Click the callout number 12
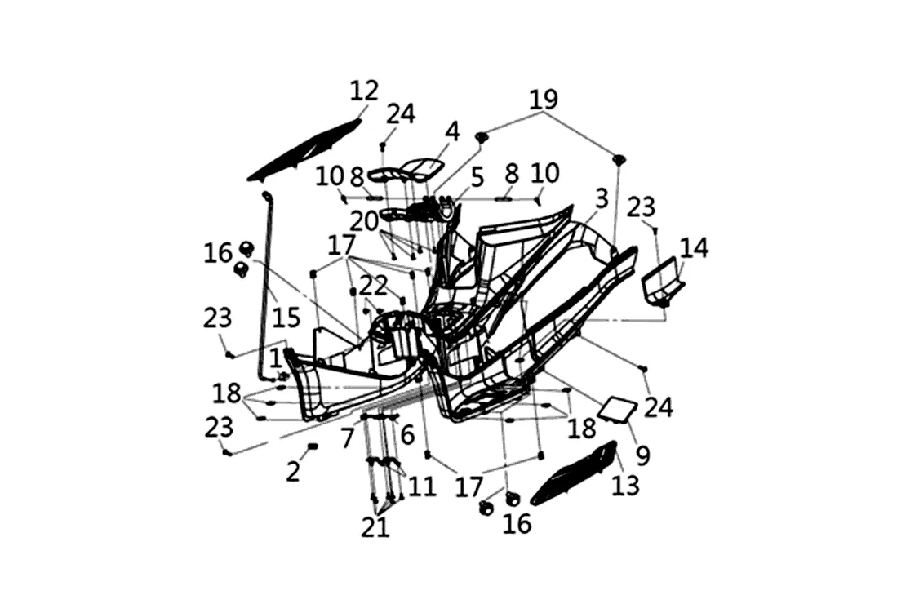pyautogui.click(x=363, y=91)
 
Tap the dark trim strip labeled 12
pyautogui.click(x=304, y=152)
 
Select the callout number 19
pyautogui.click(x=544, y=100)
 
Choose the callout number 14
pyautogui.click(x=694, y=247)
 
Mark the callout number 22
pyautogui.click(x=372, y=286)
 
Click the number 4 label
pyautogui.click(x=451, y=131)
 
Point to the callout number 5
pyautogui.click(x=477, y=176)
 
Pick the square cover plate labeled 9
pyautogui.click(x=618, y=408)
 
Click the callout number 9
pyautogui.click(x=643, y=455)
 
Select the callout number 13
pyautogui.click(x=627, y=486)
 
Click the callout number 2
pyautogui.click(x=293, y=472)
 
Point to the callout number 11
pyautogui.click(x=422, y=486)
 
